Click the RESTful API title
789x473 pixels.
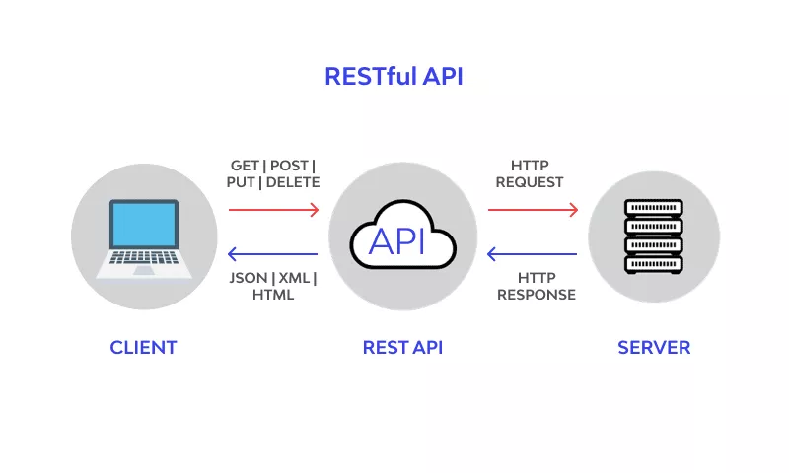coord(394,77)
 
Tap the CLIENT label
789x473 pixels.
coord(143,347)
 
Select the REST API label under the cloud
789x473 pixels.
coord(402,347)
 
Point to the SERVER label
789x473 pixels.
coord(654,347)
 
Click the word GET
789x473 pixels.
coord(245,166)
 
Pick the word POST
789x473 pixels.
coord(289,166)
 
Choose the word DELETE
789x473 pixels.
coord(293,182)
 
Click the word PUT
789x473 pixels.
coord(241,182)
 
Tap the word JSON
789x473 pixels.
coord(249,278)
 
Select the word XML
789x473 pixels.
coord(294,278)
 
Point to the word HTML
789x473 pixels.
coord(273,295)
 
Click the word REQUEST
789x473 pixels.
coord(530,182)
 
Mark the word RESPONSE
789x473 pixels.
coord(537,295)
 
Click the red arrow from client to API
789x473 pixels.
coord(274,210)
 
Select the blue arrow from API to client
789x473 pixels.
coord(273,254)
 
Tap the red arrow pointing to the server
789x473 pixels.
coord(533,210)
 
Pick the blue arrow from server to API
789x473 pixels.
coord(532,254)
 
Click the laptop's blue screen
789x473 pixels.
coord(144,225)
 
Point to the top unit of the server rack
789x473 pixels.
coord(654,208)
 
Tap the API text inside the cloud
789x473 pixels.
coord(397,241)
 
